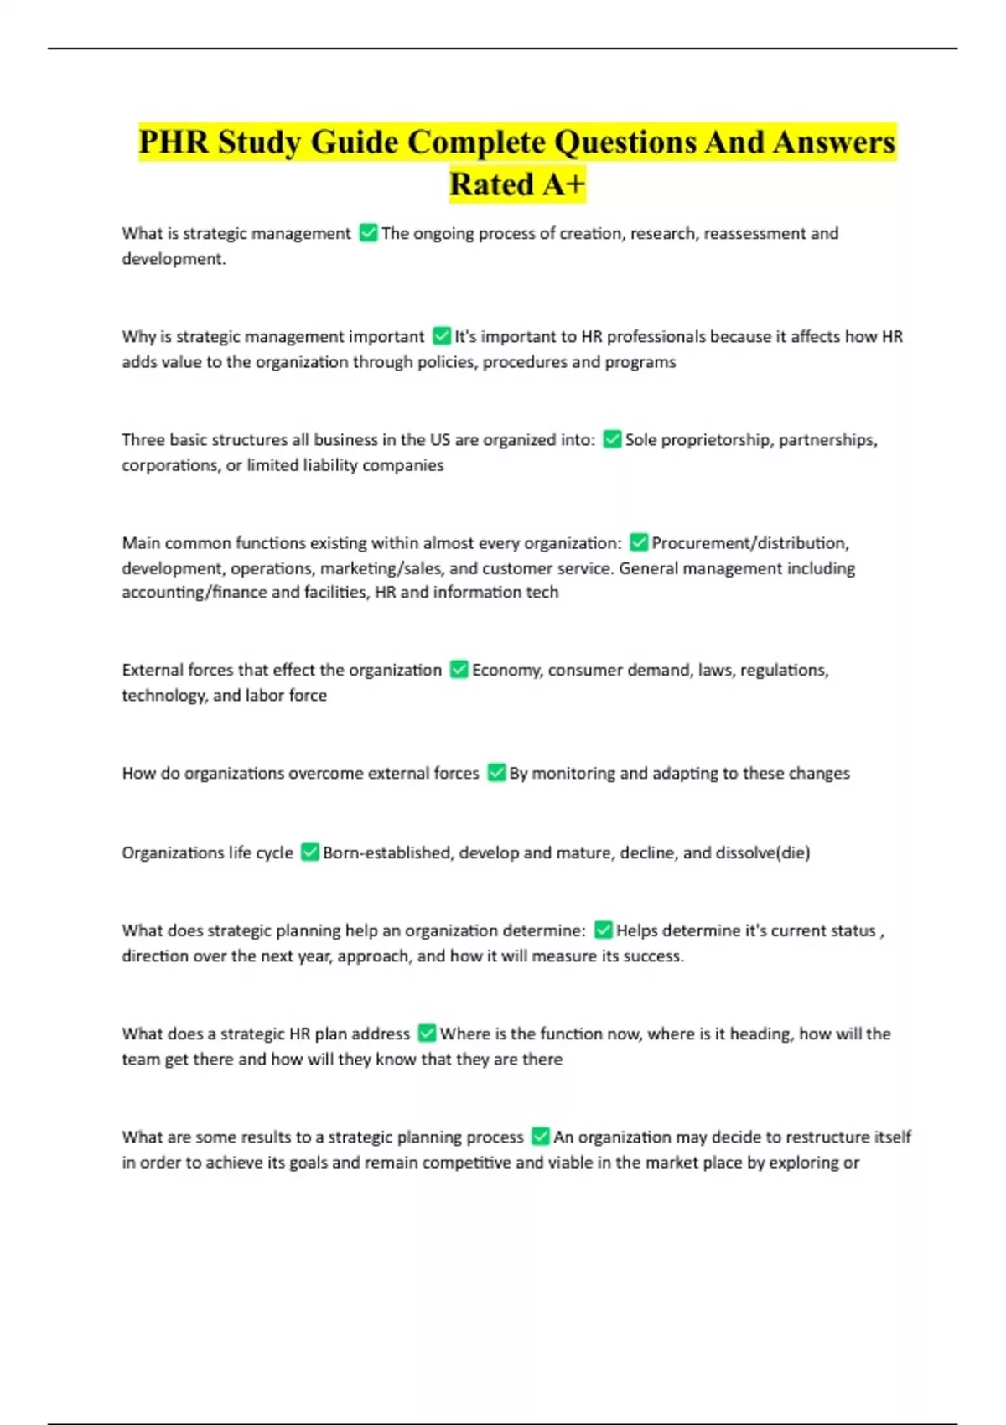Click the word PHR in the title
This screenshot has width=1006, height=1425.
pos(174,142)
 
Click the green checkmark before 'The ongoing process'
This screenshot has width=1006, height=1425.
pos(368,233)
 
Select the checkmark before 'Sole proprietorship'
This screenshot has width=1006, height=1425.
pos(612,439)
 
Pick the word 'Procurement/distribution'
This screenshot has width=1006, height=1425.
pos(750,542)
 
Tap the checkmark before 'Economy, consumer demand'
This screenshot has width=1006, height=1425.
pos(459,669)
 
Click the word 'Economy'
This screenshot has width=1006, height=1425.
pos(506,670)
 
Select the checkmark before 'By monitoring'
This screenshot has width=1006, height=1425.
pos(496,772)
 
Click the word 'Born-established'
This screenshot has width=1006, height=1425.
pos(386,852)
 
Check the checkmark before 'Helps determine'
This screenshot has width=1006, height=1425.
pos(604,930)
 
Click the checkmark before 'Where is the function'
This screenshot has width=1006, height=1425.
pos(427,1033)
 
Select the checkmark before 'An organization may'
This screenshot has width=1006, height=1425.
pos(541,1136)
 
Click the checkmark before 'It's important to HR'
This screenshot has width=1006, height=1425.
pos(442,336)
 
